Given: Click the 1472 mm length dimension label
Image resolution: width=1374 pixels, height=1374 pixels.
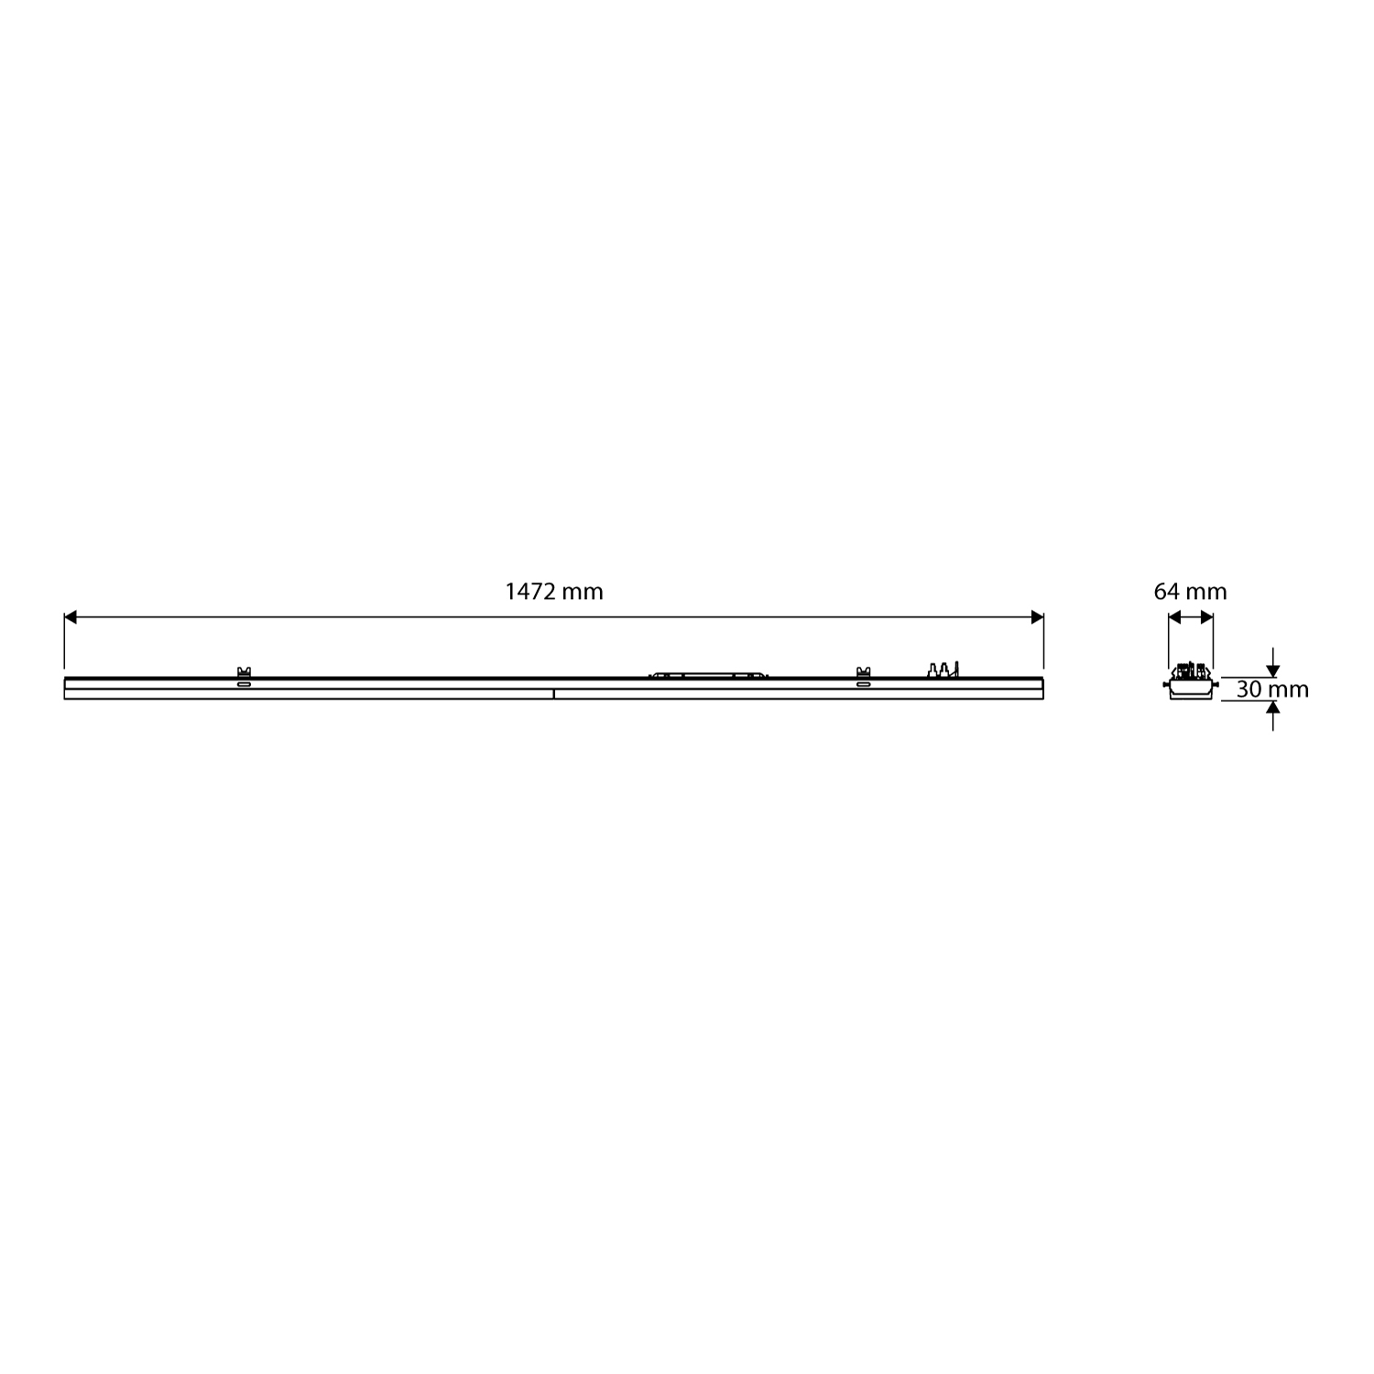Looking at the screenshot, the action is click(554, 592).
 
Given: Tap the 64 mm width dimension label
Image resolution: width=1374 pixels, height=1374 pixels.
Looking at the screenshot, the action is click(1190, 592).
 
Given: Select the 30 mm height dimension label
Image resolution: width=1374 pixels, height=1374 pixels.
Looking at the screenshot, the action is click(1272, 690).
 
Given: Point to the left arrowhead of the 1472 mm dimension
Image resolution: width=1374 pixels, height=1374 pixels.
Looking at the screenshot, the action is click(71, 617).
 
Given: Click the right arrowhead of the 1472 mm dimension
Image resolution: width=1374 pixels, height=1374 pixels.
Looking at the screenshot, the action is click(1037, 617).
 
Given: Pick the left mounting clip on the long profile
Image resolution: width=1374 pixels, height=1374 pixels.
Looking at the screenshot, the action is click(244, 672).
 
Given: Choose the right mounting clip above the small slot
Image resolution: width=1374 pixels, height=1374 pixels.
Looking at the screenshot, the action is click(863, 672).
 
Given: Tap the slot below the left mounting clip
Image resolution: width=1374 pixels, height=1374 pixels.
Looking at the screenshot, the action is click(244, 683).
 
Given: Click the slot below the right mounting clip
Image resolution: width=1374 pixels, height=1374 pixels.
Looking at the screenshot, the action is click(863, 683).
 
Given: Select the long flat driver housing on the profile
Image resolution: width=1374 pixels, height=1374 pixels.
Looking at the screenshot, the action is click(708, 674).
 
